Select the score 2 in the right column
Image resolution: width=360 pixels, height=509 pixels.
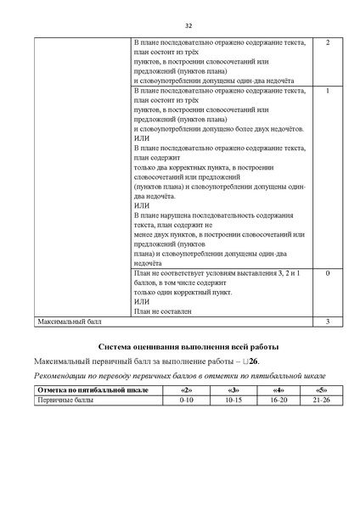327,42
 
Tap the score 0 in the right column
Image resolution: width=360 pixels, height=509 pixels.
327,274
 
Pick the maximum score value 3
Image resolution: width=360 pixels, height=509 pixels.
327,322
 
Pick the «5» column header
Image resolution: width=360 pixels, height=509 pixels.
320,389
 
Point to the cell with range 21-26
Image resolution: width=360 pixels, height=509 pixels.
320,399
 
